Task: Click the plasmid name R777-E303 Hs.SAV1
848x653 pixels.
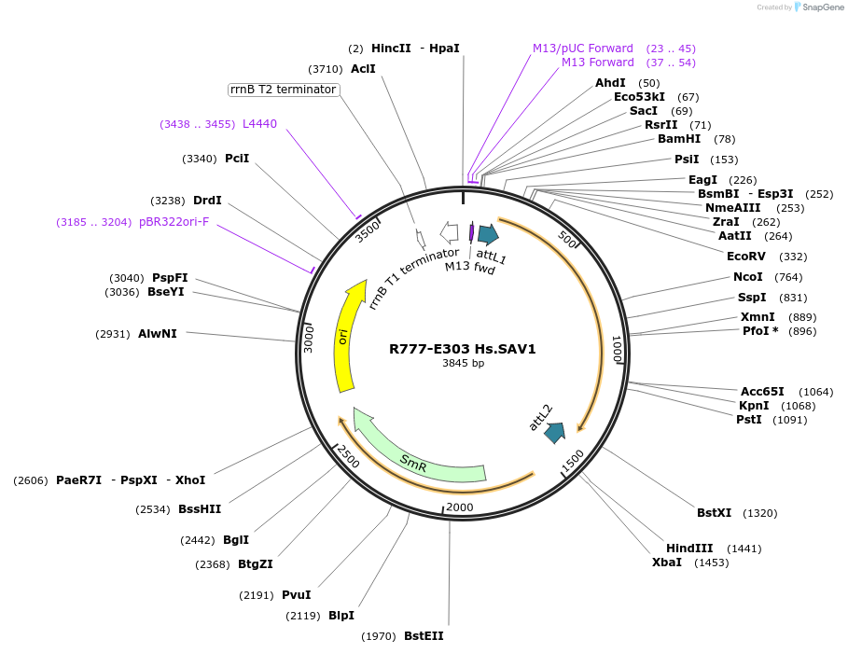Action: click(x=463, y=349)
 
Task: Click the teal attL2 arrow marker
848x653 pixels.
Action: click(x=555, y=433)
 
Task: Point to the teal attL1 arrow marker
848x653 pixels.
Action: click(x=488, y=234)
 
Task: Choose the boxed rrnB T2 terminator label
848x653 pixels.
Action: click(x=283, y=90)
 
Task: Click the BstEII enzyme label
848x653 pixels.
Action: click(x=424, y=636)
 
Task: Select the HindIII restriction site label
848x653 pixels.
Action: click(x=689, y=548)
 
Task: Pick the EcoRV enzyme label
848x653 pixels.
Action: click(x=746, y=257)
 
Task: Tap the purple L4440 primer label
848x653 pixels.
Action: click(x=259, y=124)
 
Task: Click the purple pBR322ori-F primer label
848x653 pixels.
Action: click(x=174, y=222)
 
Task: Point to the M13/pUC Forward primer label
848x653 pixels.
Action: click(x=583, y=49)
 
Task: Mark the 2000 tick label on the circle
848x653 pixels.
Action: click(x=461, y=507)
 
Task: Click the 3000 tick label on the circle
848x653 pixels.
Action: click(x=309, y=340)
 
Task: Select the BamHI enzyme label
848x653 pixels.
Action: click(x=679, y=139)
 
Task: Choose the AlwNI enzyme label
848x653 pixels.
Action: click(x=158, y=333)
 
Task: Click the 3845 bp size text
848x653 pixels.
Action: click(x=463, y=364)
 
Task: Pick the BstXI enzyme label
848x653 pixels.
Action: click(x=715, y=512)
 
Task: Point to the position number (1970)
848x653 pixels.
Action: click(x=378, y=636)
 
